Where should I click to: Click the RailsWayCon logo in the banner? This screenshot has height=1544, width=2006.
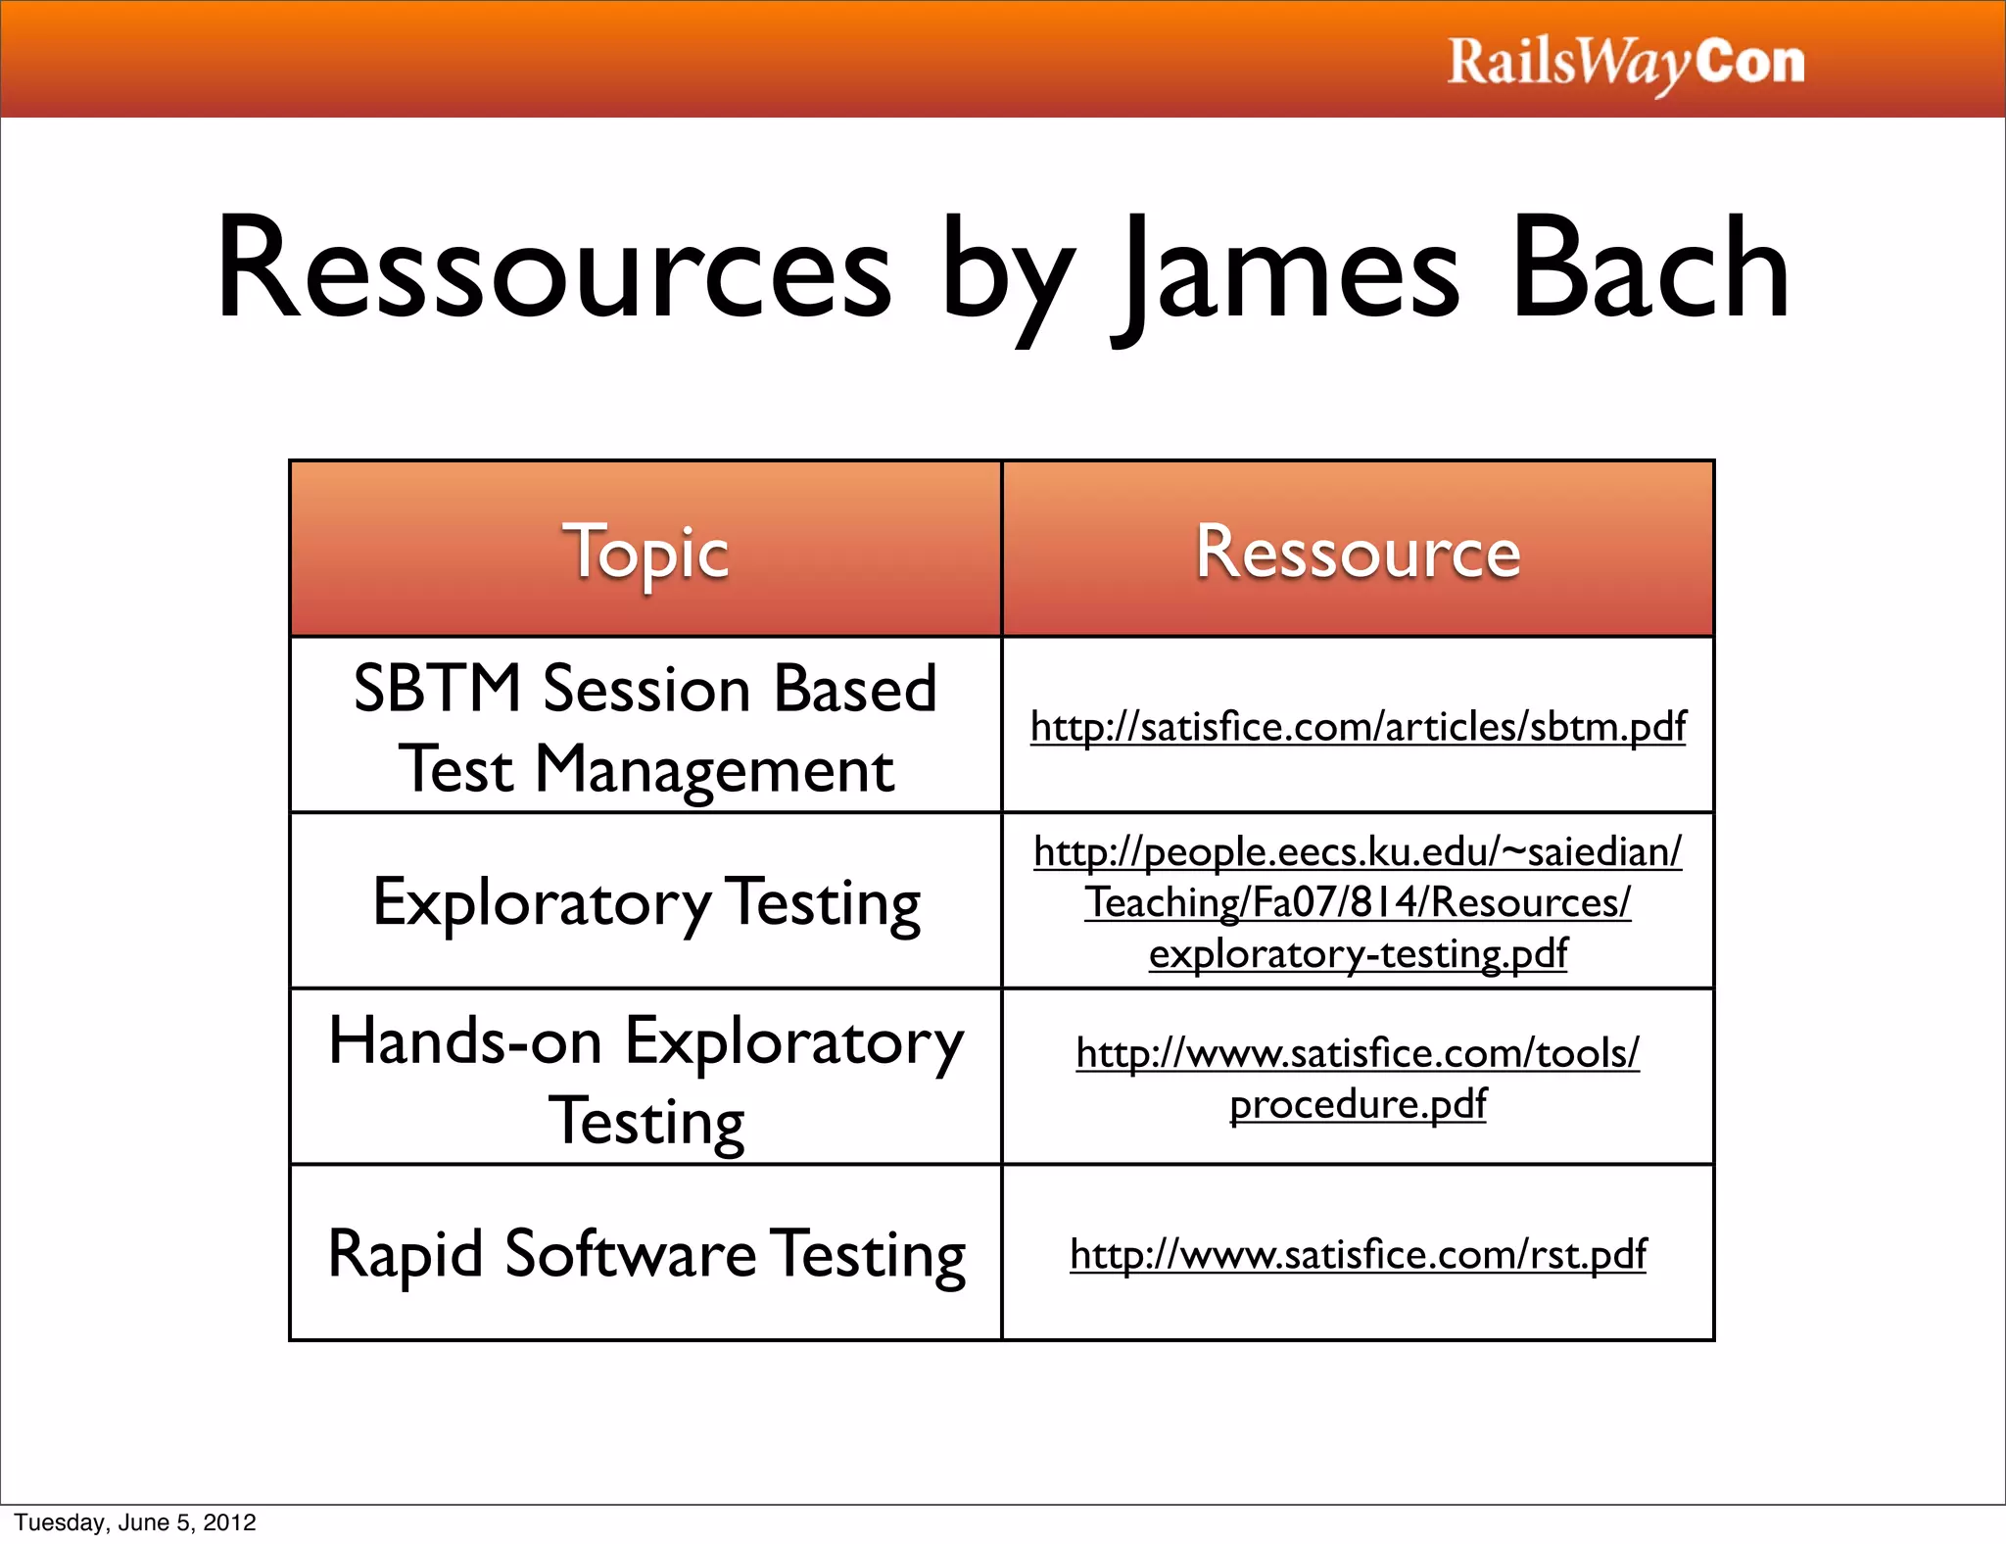click(x=1625, y=63)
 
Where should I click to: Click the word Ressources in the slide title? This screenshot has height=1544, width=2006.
click(x=553, y=268)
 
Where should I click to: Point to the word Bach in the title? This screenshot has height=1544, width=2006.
click(x=1650, y=268)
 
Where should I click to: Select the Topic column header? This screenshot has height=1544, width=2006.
click(x=645, y=552)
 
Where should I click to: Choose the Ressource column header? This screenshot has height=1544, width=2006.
click(x=1358, y=552)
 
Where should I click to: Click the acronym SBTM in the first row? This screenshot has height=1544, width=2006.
click(x=436, y=688)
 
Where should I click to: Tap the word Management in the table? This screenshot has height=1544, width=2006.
click(x=714, y=769)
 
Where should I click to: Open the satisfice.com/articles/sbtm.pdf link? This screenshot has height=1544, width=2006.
click(x=1358, y=727)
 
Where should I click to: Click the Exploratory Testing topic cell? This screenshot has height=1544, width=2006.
click(x=646, y=902)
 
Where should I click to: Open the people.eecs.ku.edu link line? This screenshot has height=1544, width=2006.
click(x=1358, y=851)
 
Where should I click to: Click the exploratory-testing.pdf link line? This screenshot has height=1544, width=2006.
click(x=1358, y=953)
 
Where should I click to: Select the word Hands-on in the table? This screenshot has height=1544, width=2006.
click(x=465, y=1040)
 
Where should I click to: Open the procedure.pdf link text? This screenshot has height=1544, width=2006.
click(x=1358, y=1104)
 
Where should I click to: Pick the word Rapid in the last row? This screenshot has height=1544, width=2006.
click(x=406, y=1253)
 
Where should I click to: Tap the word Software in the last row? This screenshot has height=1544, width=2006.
click(x=630, y=1253)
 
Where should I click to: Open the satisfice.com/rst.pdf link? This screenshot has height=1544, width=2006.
click(x=1358, y=1254)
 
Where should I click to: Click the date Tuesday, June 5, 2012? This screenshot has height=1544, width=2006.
click(x=135, y=1522)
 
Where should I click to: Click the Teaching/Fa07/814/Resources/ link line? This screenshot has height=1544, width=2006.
click(x=1358, y=902)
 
